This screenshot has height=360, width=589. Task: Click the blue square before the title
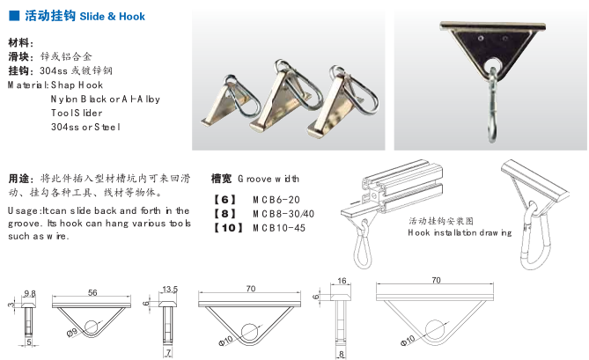[x=14, y=15]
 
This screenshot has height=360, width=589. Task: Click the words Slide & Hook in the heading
[x=112, y=16]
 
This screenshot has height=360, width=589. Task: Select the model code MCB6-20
[x=276, y=200]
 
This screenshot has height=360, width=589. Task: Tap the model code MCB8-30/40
[x=283, y=214]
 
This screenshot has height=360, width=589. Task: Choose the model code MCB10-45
[x=279, y=228]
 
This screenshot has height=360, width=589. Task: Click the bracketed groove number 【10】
[x=228, y=228]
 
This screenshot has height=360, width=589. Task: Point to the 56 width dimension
[x=92, y=292]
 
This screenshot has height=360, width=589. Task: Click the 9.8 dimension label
[x=29, y=293]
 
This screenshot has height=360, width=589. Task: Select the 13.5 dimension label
[x=170, y=289]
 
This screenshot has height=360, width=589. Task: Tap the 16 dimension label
[x=342, y=281]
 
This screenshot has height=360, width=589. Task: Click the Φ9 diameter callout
[x=71, y=332]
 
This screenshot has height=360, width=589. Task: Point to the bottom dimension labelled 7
[x=168, y=352]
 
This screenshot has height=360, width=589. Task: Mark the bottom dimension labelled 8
[x=341, y=354]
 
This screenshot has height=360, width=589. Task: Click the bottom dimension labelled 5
[x=28, y=342]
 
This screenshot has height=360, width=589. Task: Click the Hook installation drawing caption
[x=460, y=232]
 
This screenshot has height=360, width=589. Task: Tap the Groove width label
[x=269, y=179]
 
